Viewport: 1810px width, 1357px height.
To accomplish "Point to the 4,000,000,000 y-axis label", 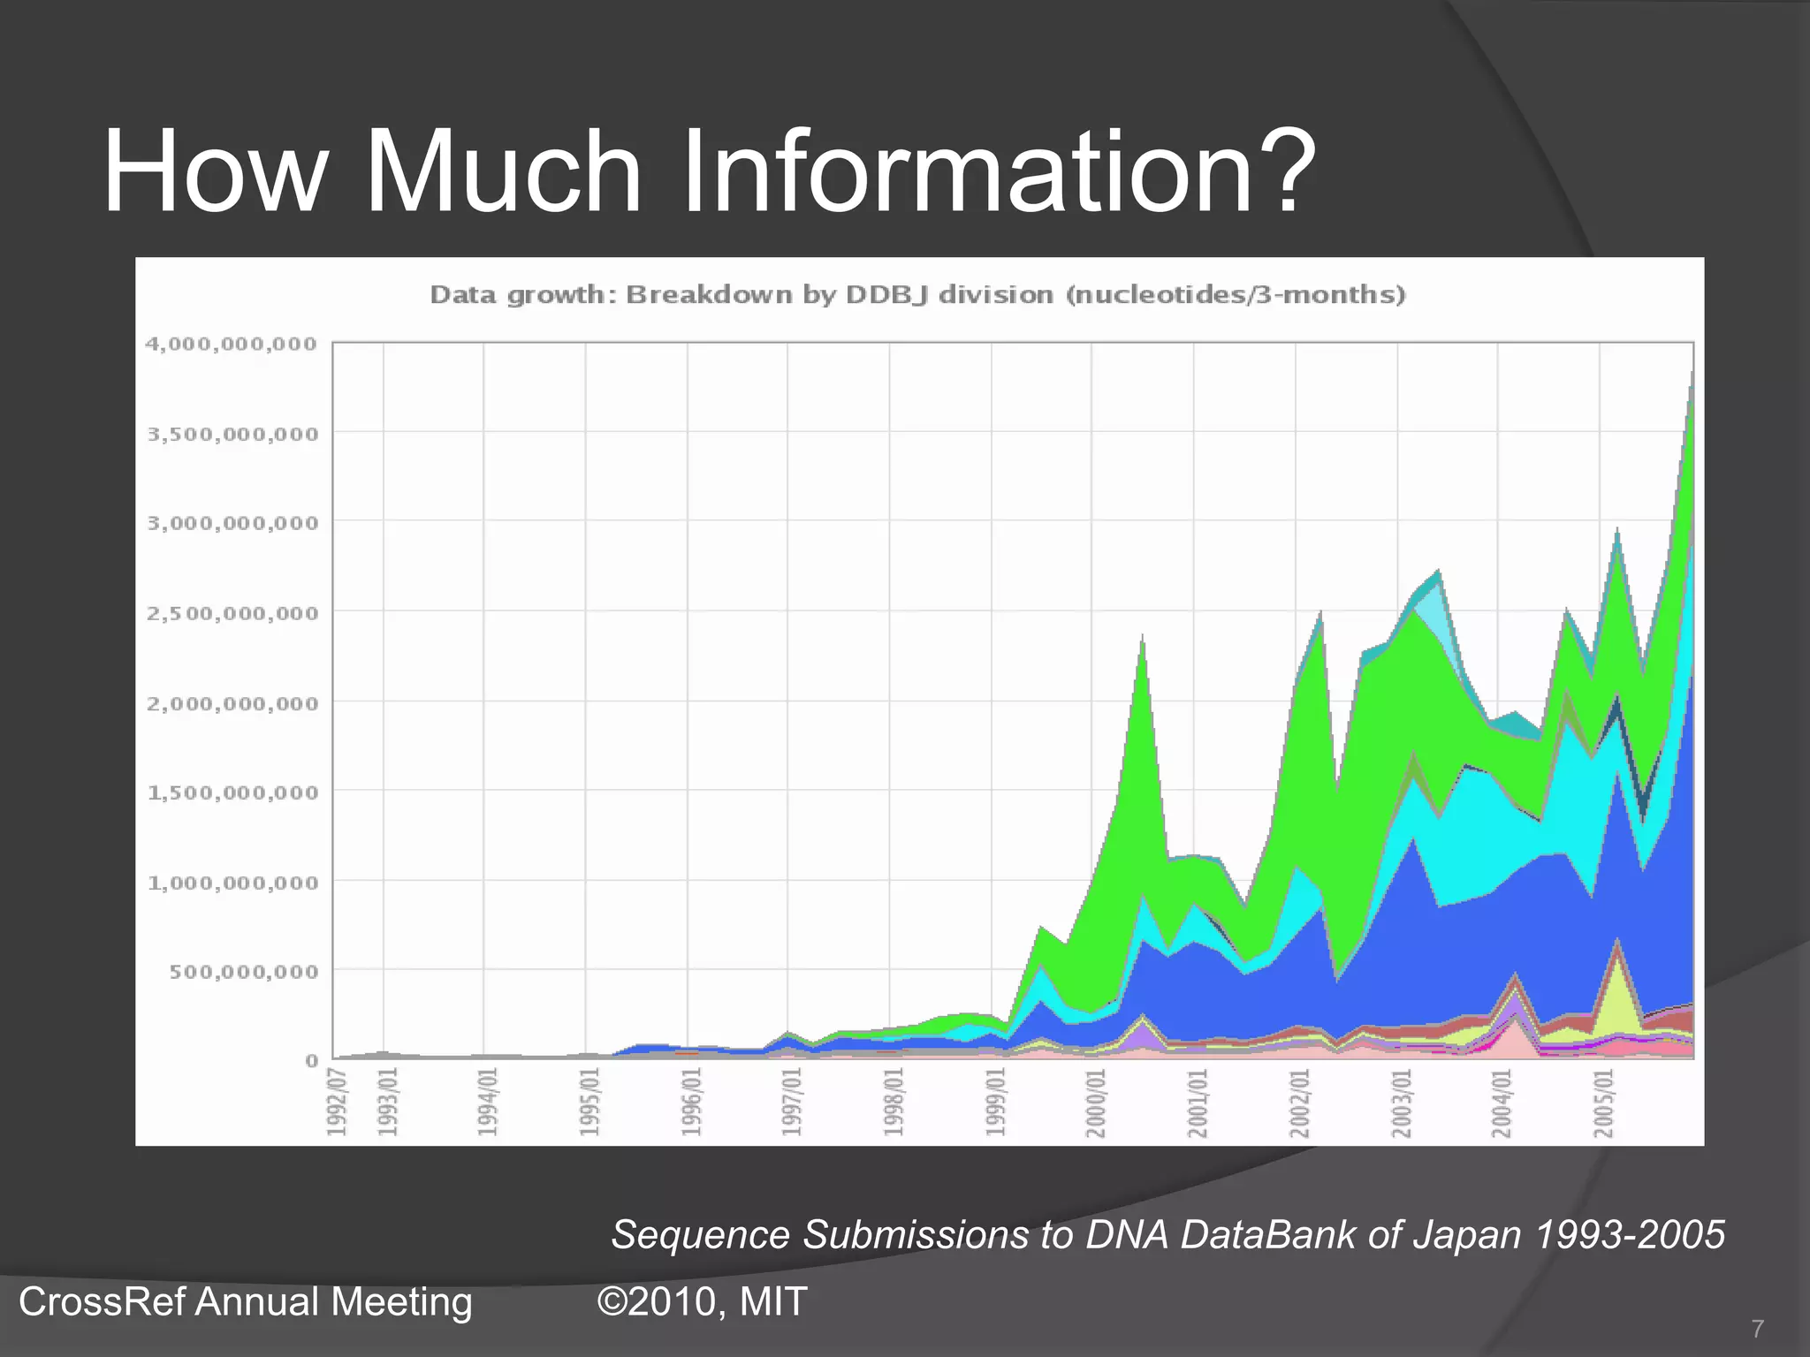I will tap(231, 344).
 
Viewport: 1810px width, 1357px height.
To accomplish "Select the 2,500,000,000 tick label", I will tap(232, 613).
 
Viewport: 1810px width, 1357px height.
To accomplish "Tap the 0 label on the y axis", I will tap(311, 1061).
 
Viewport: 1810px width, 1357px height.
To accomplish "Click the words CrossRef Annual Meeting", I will tap(245, 1302).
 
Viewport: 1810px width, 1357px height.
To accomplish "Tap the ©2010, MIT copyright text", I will tap(703, 1302).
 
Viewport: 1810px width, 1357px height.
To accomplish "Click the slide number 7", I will tap(1757, 1329).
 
